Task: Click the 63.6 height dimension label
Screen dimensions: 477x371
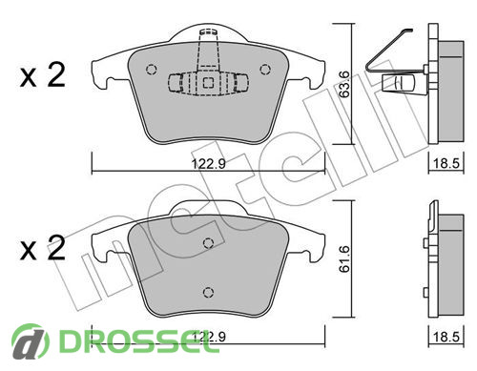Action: coord(344,84)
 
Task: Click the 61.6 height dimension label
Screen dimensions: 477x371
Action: coord(344,259)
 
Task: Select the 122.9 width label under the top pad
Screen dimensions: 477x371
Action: coord(209,164)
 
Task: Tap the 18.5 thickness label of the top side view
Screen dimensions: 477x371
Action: coord(446,164)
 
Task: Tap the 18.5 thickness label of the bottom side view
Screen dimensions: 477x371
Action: coord(446,337)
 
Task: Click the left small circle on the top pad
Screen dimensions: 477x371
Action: coord(151,70)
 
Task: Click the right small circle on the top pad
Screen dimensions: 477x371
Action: coord(265,70)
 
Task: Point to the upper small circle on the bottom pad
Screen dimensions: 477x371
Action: coord(208,243)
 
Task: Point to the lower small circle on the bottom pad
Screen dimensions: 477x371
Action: coord(208,292)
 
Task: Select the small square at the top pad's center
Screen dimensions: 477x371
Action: coord(208,83)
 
